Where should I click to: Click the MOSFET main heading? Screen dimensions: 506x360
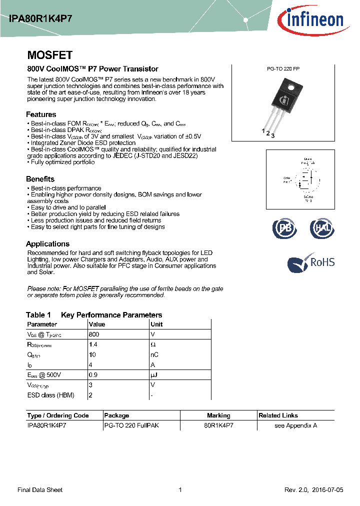click(49, 55)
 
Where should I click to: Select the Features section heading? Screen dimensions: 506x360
click(41, 114)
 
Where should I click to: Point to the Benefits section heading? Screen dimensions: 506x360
click(40, 179)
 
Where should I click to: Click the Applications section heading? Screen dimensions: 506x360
click(47, 244)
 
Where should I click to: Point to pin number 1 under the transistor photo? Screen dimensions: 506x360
click(263, 130)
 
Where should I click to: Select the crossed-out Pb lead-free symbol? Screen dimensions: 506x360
click(284, 228)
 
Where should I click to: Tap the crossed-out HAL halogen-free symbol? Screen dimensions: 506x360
click(321, 228)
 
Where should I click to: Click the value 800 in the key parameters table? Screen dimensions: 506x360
click(93, 334)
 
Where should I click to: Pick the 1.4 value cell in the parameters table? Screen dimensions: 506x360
click(92, 344)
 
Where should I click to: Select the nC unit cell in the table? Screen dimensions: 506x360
click(154, 354)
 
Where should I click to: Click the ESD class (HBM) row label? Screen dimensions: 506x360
click(50, 395)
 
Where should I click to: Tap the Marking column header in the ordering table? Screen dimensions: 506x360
click(218, 415)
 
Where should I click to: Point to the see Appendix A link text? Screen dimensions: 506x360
click(295, 425)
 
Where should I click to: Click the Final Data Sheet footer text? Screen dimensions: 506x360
click(40, 490)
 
